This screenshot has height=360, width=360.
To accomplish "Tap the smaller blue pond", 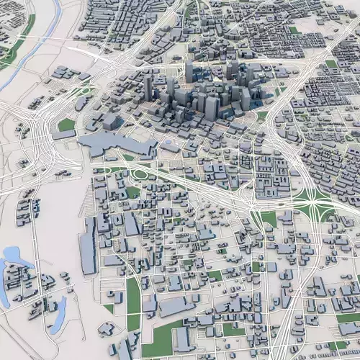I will coord(58,310).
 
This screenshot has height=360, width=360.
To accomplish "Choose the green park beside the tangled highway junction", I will coord(67,125).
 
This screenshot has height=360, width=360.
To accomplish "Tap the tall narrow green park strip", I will coord(133,295).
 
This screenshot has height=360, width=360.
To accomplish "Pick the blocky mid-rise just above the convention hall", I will coord(109,121).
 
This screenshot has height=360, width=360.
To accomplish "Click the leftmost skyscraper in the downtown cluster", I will coord(148,88).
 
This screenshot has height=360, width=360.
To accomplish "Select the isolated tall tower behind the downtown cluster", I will coord(189,71).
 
